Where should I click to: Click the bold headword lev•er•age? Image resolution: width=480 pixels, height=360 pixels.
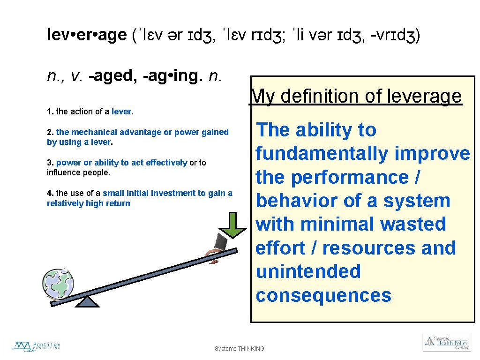point(87,35)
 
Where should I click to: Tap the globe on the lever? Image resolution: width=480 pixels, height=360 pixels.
point(58,284)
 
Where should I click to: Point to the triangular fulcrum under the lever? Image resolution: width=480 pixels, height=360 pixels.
point(87,301)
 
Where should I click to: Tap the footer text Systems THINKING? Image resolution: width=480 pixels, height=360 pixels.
point(239,349)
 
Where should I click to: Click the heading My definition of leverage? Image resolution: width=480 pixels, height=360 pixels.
point(356,96)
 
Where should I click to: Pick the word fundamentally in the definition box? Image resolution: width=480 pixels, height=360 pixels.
point(322,154)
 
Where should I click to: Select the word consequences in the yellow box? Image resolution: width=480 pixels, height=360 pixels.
point(323,296)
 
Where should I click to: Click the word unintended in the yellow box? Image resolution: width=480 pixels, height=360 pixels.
point(308,272)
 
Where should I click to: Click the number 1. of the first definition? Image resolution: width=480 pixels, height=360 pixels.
point(50,112)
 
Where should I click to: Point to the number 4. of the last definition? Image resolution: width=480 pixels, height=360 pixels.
point(50,193)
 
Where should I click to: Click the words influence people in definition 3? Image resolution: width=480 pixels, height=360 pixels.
point(78,172)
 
